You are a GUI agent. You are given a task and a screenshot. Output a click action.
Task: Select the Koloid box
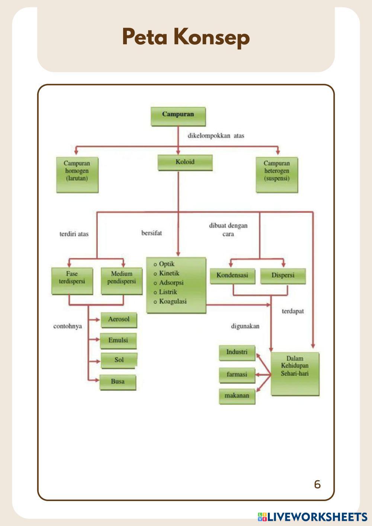point(185,163)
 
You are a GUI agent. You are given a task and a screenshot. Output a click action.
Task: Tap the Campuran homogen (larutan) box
point(77,174)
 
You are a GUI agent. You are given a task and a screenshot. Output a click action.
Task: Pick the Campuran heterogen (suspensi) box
point(277,174)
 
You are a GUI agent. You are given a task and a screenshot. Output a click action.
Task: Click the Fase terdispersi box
point(72,281)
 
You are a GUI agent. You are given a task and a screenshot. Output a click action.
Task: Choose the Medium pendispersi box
point(122,281)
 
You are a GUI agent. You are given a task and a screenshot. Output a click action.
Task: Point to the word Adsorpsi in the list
point(171,283)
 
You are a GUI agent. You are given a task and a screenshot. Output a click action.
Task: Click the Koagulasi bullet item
point(173,301)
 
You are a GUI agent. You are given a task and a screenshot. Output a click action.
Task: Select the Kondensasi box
point(232,276)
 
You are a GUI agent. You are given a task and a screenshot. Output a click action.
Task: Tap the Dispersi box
point(283,276)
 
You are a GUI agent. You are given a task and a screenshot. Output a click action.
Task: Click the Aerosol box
point(119,320)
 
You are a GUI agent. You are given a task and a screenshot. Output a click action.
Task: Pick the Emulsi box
point(118,340)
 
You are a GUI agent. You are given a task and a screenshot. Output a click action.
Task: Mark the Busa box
point(118,382)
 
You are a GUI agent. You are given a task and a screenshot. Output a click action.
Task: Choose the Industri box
point(237,352)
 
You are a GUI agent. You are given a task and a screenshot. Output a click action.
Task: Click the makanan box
point(237,396)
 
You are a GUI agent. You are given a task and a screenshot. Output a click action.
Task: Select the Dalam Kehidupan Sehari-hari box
point(295,373)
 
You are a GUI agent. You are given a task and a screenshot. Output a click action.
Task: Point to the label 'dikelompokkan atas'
point(216,136)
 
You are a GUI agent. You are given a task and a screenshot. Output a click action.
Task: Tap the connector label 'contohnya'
point(68,326)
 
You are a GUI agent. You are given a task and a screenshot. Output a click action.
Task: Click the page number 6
point(317,484)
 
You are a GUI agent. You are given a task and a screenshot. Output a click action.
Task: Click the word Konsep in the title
point(211,37)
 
